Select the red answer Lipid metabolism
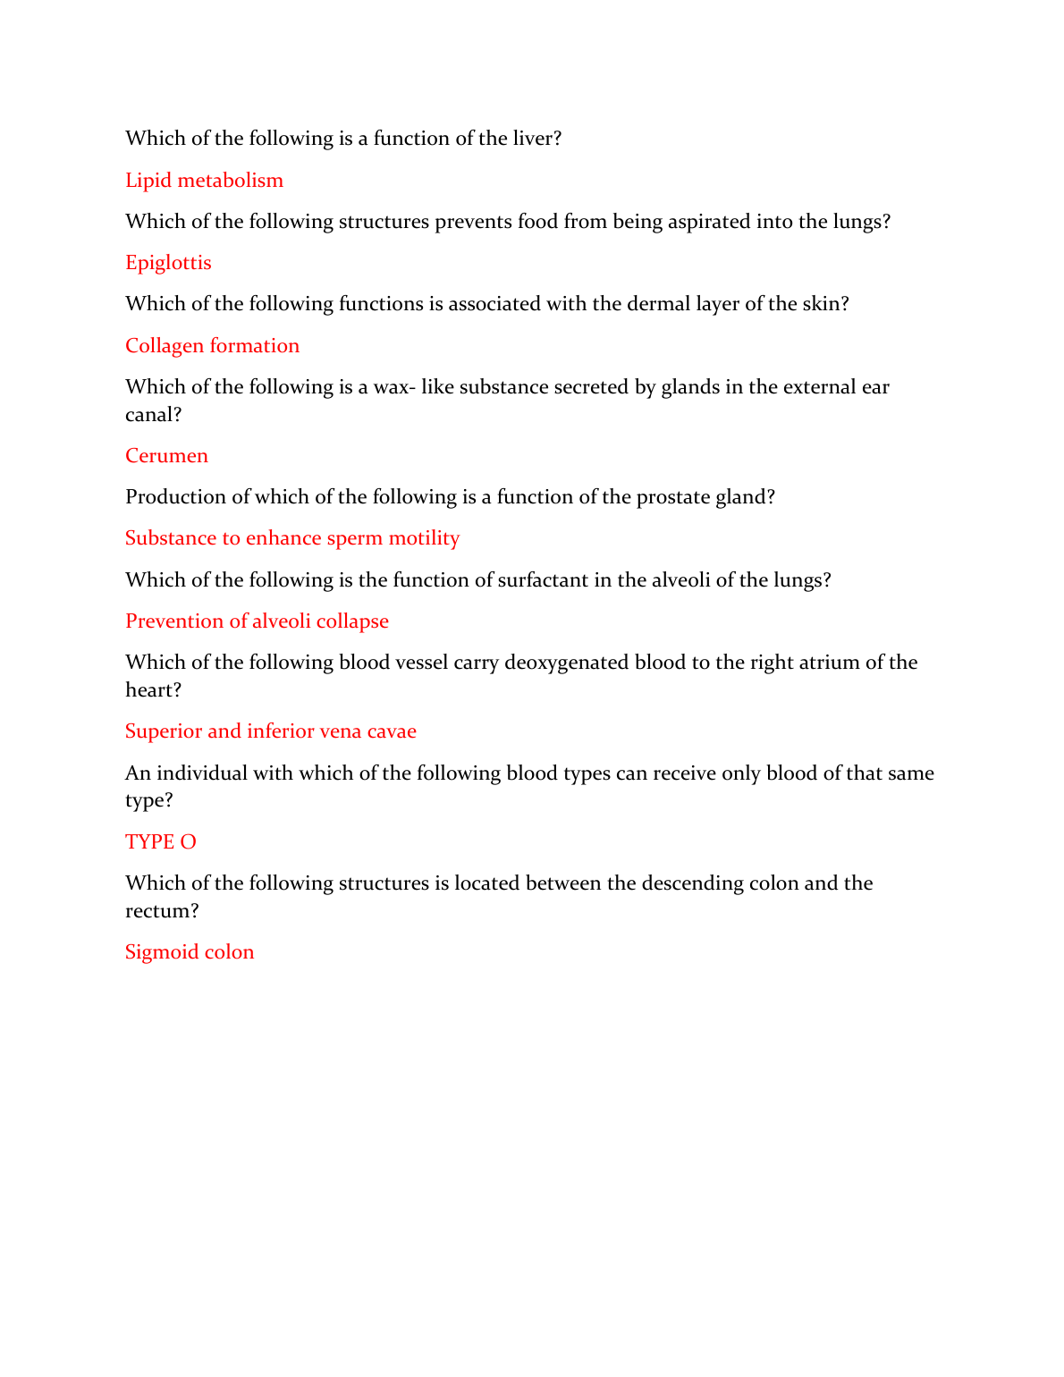coord(204,181)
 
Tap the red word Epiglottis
coord(168,263)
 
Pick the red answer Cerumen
coord(166,456)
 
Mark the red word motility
coord(424,538)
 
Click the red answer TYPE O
coord(161,842)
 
